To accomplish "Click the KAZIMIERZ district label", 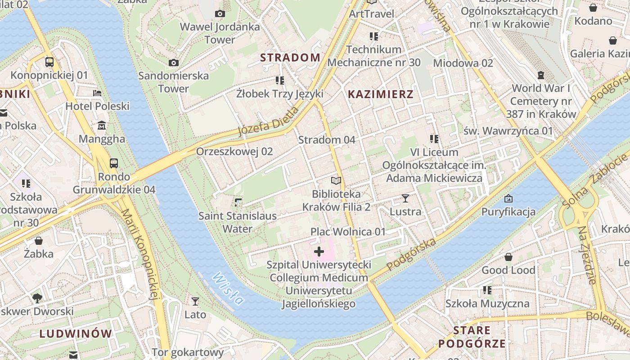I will pyautogui.click(x=381, y=94).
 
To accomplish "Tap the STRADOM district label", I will pyautogui.click(x=290, y=58).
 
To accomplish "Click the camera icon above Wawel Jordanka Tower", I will pyautogui.click(x=220, y=13).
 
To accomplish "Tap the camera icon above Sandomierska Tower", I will pyautogui.click(x=174, y=63).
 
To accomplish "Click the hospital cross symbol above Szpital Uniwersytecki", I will pyautogui.click(x=319, y=251).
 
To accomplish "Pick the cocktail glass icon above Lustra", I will pyautogui.click(x=405, y=198).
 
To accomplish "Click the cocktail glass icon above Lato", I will pyautogui.click(x=195, y=301).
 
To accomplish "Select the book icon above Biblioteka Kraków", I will pyautogui.click(x=336, y=181).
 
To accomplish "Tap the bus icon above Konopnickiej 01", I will pyautogui.click(x=49, y=62).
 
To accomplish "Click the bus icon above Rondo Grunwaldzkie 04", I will pyautogui.click(x=114, y=163).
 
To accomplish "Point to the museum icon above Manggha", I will pyautogui.click(x=102, y=125).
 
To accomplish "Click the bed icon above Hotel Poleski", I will pyautogui.click(x=97, y=93).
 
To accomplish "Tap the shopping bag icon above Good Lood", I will pyautogui.click(x=508, y=257).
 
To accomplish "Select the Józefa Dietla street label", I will pyautogui.click(x=268, y=122).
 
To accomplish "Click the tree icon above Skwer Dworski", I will pyautogui.click(x=37, y=298).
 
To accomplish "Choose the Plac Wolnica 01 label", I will pyautogui.click(x=348, y=232).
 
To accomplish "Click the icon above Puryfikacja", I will pyautogui.click(x=508, y=198).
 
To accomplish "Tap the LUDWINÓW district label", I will pyautogui.click(x=76, y=334).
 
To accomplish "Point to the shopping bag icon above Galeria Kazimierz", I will pyautogui.click(x=612, y=40).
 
